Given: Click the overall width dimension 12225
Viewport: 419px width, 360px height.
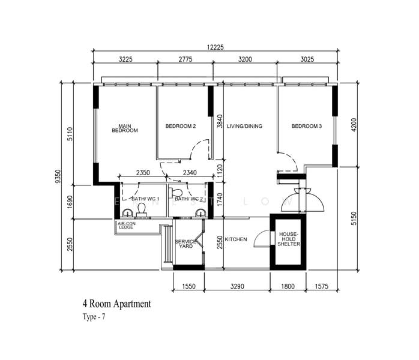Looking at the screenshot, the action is point(215,47).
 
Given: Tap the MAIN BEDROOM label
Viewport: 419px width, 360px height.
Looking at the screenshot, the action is point(125,128).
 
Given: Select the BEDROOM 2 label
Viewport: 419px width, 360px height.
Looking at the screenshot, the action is point(181,126).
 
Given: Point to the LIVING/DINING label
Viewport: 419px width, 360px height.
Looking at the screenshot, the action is point(244,126).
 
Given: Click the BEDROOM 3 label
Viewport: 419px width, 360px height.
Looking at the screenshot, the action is point(307,126).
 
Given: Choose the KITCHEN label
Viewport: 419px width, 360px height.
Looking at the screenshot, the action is point(236,239).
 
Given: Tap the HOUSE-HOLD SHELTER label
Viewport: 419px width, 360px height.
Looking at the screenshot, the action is point(289,239).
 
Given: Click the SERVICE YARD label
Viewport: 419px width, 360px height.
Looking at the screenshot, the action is point(185,244).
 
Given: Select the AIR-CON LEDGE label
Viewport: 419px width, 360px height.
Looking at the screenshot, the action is point(127,225).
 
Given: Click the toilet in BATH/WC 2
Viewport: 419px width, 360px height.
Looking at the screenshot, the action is point(177,192).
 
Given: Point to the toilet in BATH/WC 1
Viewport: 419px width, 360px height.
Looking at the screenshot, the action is point(142,209).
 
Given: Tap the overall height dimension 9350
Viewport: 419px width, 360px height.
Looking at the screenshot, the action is point(58,176).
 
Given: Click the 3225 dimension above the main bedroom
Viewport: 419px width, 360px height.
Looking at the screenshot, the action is point(125,59).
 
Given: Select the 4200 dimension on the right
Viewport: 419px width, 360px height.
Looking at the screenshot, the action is point(354,124).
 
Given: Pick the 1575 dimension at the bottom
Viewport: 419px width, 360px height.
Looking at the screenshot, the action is point(322,286).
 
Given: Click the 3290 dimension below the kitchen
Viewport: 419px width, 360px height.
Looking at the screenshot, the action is point(237,286).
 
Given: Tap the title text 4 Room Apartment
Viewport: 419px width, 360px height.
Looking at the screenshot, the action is point(117,304).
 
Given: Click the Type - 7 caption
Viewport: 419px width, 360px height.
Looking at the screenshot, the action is point(94,317).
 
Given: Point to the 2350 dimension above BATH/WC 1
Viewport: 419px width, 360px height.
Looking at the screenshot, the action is point(143,173).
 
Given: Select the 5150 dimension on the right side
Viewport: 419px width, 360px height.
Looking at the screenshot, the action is point(354,218).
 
